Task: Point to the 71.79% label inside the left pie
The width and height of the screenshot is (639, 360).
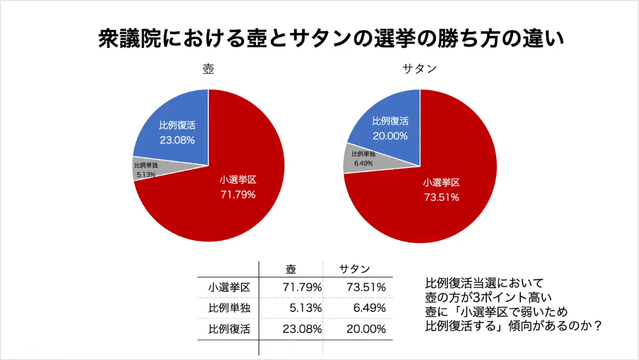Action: (238, 194)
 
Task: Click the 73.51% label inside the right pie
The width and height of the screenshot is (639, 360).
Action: (441, 197)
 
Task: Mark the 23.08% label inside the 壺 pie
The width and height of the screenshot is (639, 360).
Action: (177, 139)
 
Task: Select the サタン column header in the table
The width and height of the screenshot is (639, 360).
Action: (354, 269)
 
